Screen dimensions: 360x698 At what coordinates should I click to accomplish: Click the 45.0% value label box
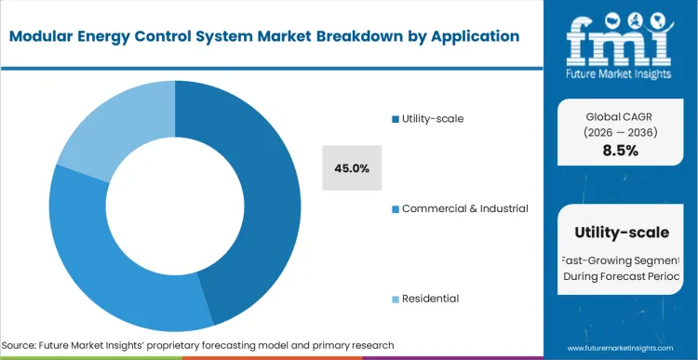point(352,168)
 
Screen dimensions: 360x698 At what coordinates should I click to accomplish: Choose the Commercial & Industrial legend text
point(464,208)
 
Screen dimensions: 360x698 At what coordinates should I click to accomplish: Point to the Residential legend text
point(430,298)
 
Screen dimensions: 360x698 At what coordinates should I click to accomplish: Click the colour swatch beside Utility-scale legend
point(395,119)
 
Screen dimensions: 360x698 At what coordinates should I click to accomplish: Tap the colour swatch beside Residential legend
point(395,299)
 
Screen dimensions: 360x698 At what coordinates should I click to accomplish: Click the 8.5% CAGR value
point(621,151)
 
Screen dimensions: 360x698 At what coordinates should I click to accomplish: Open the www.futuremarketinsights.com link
point(621,345)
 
